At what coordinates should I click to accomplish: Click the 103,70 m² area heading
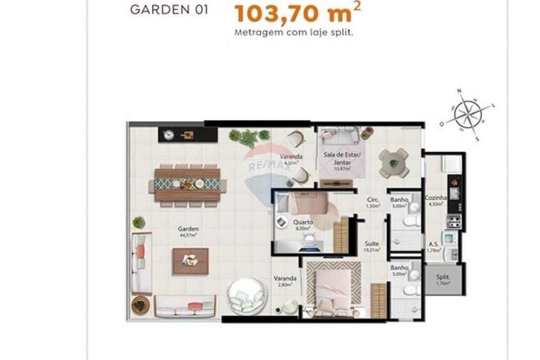coord(298,13)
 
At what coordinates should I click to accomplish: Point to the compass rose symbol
coord(468,114)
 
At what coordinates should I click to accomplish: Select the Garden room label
coord(188,229)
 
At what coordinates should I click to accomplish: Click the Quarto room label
coord(303,222)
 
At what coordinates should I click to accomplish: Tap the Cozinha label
coord(436,198)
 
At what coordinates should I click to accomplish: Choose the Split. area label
coord(443,277)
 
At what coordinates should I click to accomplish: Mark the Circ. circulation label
coord(373,199)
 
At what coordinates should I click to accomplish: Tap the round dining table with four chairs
coord(394,162)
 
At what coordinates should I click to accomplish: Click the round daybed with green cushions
coord(246,296)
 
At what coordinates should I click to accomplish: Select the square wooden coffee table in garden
coord(190,261)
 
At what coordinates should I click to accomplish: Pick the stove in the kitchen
coord(455,221)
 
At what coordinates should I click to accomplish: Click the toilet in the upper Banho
coord(410,221)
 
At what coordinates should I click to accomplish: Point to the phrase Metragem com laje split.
coord(294,32)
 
